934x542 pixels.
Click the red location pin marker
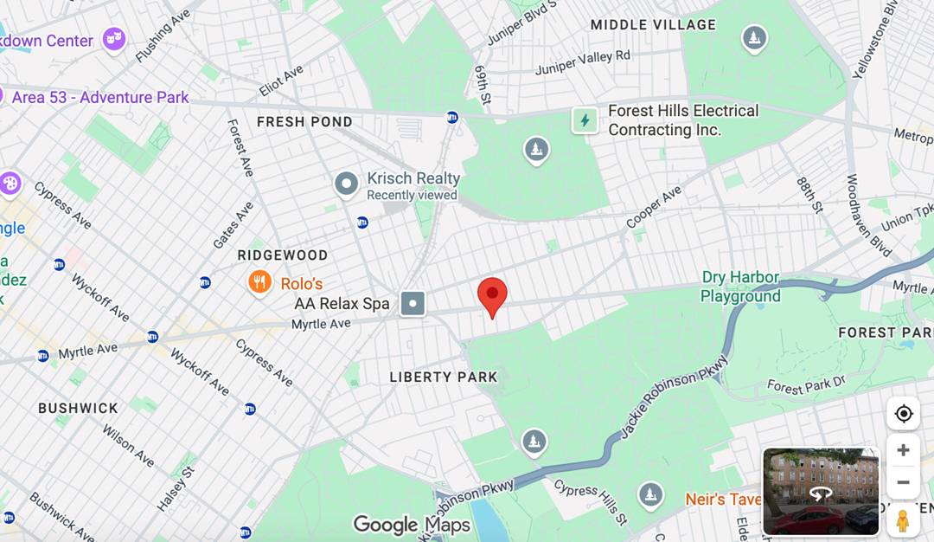pyautogui.click(x=492, y=295)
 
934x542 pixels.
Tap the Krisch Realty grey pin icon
pyautogui.click(x=347, y=184)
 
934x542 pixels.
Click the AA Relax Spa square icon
pyautogui.click(x=413, y=304)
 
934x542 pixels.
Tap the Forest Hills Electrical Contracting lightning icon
pyautogui.click(x=585, y=120)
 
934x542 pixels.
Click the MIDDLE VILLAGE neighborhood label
pyautogui.click(x=653, y=25)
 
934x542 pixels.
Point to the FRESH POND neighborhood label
pyautogui.click(x=304, y=122)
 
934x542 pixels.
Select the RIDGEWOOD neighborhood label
pyautogui.click(x=283, y=255)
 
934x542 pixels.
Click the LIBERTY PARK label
pyautogui.click(x=444, y=377)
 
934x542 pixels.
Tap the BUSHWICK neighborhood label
pyautogui.click(x=78, y=408)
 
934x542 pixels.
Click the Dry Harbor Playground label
pyautogui.click(x=740, y=287)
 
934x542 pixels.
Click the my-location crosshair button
pyautogui.click(x=903, y=414)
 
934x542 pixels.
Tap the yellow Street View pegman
pyautogui.click(x=903, y=520)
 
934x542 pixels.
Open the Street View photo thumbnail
pyautogui.click(x=821, y=491)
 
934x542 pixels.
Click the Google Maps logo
pyautogui.click(x=412, y=525)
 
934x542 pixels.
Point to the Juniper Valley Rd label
pyautogui.click(x=583, y=62)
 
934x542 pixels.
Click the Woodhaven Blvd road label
pyautogui.click(x=868, y=216)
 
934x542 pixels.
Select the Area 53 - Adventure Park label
pyautogui.click(x=100, y=97)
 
